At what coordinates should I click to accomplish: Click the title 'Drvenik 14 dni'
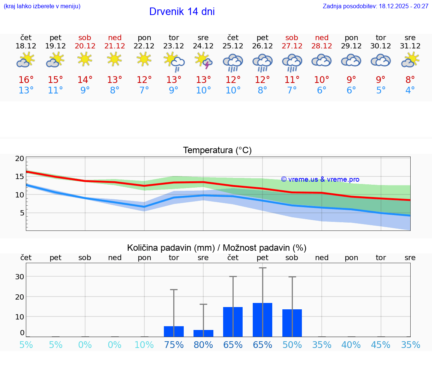pyautogui.click(x=182, y=12)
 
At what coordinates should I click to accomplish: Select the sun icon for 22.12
pyautogui.click(x=144, y=59)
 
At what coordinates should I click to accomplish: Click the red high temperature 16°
pyautogui.click(x=26, y=80)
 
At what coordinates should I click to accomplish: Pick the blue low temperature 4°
pyautogui.click(x=410, y=90)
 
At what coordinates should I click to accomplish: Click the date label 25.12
pyautogui.click(x=233, y=46)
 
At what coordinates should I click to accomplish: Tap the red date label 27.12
pyautogui.click(x=292, y=46)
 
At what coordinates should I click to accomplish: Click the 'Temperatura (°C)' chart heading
pyautogui.click(x=217, y=150)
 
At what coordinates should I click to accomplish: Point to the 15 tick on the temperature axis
pyautogui.click(x=19, y=176)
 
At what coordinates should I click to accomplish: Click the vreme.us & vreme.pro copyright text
pyautogui.click(x=320, y=179)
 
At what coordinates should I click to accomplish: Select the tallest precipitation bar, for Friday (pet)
pyautogui.click(x=262, y=319)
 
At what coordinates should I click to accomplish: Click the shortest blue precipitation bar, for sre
pyautogui.click(x=203, y=333)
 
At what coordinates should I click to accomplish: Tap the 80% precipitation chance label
pyautogui.click(x=203, y=345)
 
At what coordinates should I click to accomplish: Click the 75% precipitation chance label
pyautogui.click(x=174, y=345)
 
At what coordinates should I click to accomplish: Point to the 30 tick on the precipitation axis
pyautogui.click(x=19, y=277)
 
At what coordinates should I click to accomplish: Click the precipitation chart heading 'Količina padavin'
pyautogui.click(x=217, y=248)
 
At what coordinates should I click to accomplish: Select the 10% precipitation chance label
pyautogui.click(x=144, y=345)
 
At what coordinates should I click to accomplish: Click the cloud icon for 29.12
pyautogui.click(x=351, y=60)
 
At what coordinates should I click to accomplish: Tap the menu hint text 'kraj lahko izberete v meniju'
pyautogui.click(x=42, y=6)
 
